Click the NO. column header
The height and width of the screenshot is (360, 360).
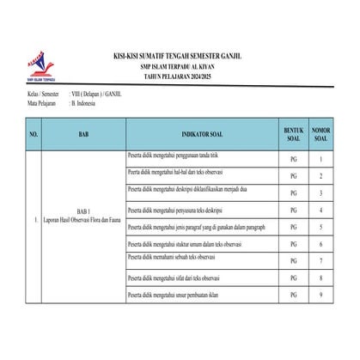click(34, 136)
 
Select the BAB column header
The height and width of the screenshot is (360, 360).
click(82, 136)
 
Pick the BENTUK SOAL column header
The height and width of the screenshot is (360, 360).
click(293, 135)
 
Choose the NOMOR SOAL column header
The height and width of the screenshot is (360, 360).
click(320, 135)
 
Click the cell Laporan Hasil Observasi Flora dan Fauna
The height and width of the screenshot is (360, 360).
click(82, 225)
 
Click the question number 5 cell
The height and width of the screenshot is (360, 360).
click(320, 227)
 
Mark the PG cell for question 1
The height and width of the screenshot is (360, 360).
click(293, 160)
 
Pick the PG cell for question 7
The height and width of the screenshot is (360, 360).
click(293, 261)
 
